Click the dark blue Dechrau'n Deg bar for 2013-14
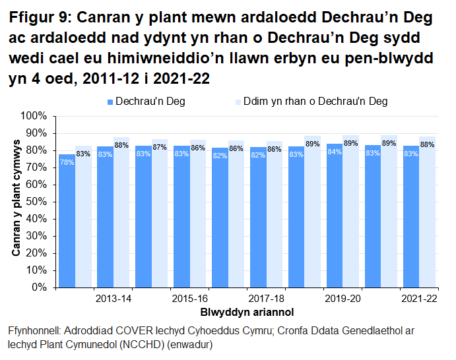tap(105, 217)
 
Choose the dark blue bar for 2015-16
tap(181, 217)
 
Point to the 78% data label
tap(67, 160)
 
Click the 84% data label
tap(335, 152)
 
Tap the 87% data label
tap(160, 147)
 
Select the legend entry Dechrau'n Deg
tap(149, 102)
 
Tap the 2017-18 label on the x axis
tap(266, 299)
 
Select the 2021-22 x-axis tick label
tap(419, 299)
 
